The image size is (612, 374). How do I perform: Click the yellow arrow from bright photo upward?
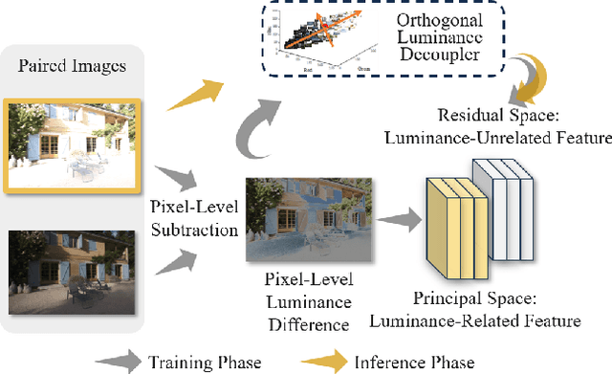pos(195,91)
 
